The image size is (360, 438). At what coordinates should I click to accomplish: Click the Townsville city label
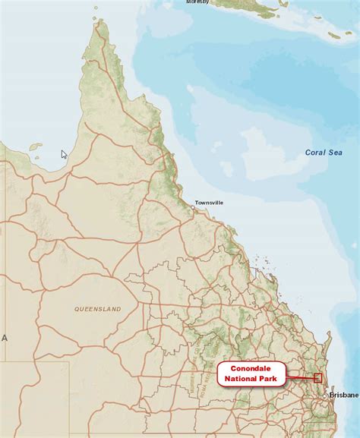[209, 203]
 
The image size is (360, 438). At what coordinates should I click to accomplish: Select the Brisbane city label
[344, 395]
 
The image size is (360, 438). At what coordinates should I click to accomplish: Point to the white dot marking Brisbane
[325, 395]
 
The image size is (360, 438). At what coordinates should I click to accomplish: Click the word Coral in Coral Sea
[315, 153]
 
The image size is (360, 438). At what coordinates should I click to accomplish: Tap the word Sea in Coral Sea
[335, 153]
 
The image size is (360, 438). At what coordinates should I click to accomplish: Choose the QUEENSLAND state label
[97, 310]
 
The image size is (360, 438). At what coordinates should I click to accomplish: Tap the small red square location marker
[317, 378]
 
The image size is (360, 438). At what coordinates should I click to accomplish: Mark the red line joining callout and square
[299, 377]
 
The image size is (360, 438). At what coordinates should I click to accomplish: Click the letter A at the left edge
[4, 338]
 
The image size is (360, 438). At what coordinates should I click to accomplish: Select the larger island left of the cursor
[36, 147]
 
